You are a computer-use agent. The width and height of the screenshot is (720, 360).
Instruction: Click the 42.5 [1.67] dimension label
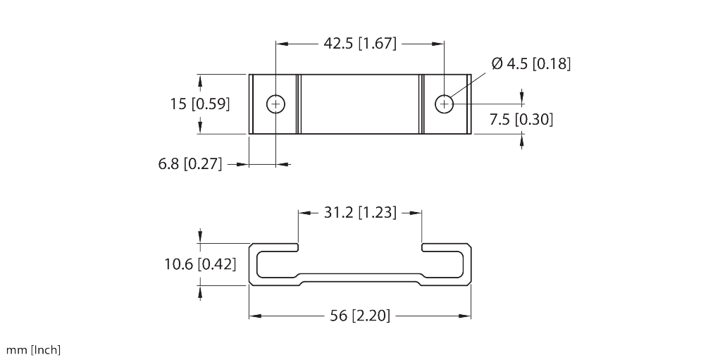point(360,44)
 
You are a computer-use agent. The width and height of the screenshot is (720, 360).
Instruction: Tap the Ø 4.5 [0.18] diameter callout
point(530,64)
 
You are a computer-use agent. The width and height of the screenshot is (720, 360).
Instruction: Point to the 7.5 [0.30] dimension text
point(521,120)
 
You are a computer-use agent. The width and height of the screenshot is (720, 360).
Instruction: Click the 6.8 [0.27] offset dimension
point(190,165)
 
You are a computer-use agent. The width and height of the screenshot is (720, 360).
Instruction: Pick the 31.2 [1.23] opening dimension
point(360,212)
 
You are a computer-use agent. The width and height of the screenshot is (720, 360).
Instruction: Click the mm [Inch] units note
point(33,349)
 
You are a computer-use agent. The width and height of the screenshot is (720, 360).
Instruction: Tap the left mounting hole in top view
point(276,104)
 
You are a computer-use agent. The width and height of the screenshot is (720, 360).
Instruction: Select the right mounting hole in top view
point(444,104)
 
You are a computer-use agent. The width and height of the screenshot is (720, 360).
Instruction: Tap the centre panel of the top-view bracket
point(360,104)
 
